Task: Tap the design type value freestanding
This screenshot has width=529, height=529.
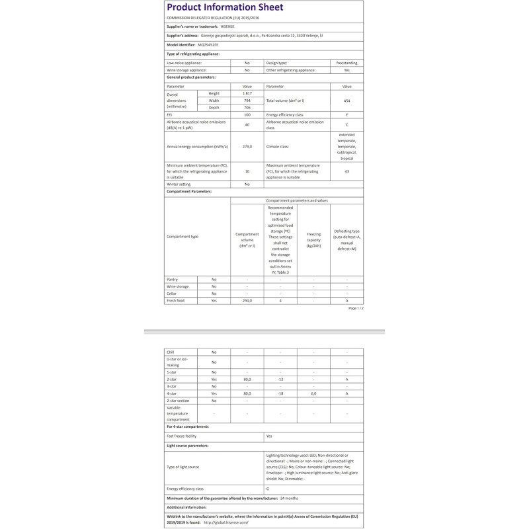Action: [x=346, y=62]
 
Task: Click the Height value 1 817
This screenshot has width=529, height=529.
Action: [x=247, y=94]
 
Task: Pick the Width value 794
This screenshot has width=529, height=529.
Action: [x=247, y=101]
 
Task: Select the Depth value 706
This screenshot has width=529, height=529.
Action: [x=247, y=107]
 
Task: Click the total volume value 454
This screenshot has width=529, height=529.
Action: [x=346, y=101]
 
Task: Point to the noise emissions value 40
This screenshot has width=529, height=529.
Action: [x=247, y=124]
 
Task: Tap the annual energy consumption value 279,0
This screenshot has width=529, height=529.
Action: [x=247, y=146]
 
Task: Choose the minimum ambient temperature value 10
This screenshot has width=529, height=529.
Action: [x=247, y=171]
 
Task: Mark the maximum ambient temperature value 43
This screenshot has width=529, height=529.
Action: [x=346, y=171]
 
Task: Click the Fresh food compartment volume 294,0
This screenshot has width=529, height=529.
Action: [x=247, y=300]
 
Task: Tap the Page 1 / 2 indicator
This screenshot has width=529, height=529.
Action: [x=356, y=308]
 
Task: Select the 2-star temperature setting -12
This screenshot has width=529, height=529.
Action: [x=280, y=380]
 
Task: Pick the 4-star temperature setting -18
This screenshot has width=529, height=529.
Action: [x=280, y=393]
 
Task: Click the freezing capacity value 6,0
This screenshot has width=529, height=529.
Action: [x=313, y=393]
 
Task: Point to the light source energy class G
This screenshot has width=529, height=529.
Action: [x=267, y=488]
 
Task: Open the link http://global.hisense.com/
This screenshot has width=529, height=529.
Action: [x=226, y=522]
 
